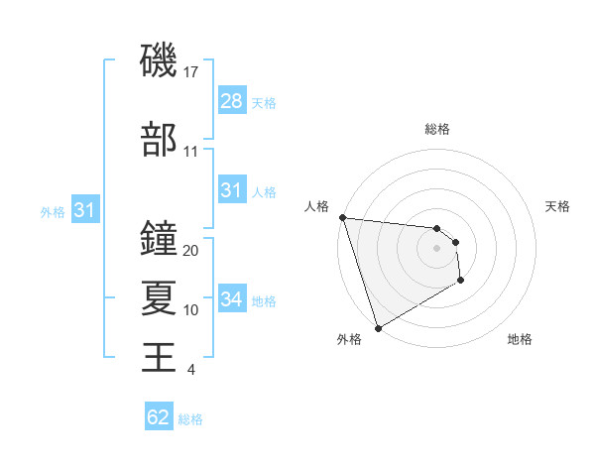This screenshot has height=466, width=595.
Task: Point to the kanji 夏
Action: (160, 296)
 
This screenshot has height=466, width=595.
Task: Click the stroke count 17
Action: (192, 71)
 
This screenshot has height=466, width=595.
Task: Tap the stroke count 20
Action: (191, 251)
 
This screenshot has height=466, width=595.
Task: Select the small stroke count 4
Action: (190, 370)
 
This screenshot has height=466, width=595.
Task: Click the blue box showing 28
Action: (232, 101)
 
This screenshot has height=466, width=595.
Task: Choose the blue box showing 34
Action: (232, 299)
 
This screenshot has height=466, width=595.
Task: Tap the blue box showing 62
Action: (159, 417)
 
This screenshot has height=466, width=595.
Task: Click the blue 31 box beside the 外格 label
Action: (84, 210)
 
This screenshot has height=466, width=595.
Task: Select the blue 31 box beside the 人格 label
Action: (232, 190)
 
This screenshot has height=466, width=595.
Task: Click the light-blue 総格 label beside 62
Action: (190, 419)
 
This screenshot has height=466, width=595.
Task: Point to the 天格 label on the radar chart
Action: (558, 206)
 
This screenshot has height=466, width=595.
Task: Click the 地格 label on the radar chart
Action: (520, 340)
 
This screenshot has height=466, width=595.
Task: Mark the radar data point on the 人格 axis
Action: (342, 217)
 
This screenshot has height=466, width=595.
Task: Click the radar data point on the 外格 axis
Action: (377, 327)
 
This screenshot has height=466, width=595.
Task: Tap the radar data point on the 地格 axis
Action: (461, 282)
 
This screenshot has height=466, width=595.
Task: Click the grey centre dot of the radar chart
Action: (436, 248)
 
